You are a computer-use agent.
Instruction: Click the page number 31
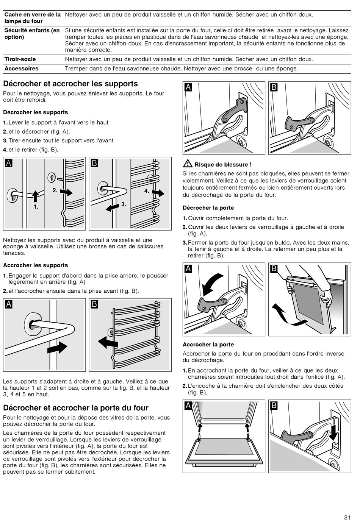click(347, 517)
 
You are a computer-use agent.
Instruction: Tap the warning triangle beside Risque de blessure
click(187, 164)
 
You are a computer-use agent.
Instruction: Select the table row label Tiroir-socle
click(20, 59)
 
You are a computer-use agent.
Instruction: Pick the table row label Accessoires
click(21, 69)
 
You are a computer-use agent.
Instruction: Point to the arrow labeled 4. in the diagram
click(158, 193)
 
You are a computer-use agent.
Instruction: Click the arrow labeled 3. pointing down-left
click(113, 207)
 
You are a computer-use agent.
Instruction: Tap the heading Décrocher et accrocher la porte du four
click(76, 408)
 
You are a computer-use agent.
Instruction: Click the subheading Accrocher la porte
click(208, 345)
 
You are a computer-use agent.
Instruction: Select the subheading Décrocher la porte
click(208, 208)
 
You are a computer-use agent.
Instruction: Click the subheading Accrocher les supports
click(36, 265)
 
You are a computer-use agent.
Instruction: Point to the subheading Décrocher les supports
click(36, 112)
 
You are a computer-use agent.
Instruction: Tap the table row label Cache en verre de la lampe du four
click(33, 18)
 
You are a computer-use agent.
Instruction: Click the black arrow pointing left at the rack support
click(108, 342)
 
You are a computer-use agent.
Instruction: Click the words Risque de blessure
click(223, 165)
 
